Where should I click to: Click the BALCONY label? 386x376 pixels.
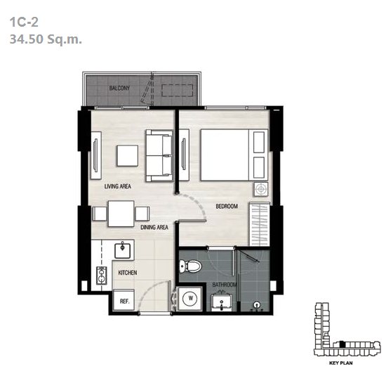pos(119,88)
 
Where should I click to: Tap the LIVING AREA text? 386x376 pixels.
pos(118,186)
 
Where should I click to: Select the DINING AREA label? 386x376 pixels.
pos(154,227)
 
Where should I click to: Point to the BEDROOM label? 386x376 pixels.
pos(227,206)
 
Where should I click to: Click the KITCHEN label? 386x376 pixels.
pos(128,273)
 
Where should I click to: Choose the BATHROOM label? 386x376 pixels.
pos(225,285)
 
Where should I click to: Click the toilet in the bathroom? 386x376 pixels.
pos(190,266)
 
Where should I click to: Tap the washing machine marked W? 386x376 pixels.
pos(190,298)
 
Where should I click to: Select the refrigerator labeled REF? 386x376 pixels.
pos(124,300)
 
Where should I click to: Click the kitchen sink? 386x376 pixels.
pos(123,249)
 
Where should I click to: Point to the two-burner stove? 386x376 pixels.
pos(102,275)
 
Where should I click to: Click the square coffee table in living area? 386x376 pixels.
pos(127,156)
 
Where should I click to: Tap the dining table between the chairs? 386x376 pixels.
pos(121,214)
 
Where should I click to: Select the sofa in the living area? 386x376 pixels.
pos(159,156)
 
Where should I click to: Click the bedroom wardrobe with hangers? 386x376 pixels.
pos(260,224)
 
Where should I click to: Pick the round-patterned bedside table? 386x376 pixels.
pos(261,189)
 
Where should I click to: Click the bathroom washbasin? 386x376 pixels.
pos(221,302)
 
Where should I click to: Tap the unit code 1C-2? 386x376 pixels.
pos(24,22)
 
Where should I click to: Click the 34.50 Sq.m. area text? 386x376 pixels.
pos(46,39)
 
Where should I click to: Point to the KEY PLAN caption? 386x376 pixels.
pos(340,363)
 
